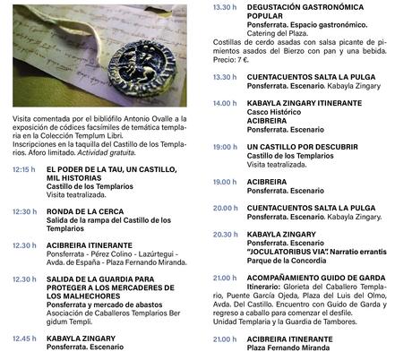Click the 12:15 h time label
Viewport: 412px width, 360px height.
point(24,169)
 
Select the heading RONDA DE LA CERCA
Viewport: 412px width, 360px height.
point(86,212)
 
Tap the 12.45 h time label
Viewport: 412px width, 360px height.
point(24,339)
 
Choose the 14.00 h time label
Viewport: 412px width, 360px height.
point(225,103)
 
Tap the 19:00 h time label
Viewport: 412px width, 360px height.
point(225,147)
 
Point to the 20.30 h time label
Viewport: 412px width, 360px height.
point(225,234)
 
